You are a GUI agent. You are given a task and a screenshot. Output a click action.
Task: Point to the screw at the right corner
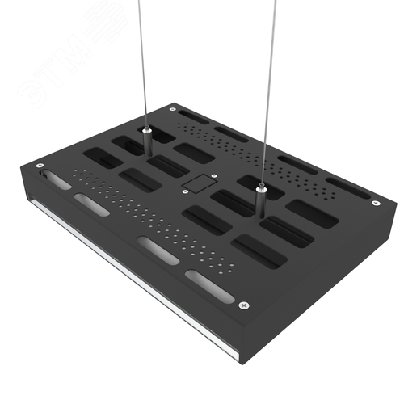point(374,203)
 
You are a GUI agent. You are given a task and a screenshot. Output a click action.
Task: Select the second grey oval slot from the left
point(92,206)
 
